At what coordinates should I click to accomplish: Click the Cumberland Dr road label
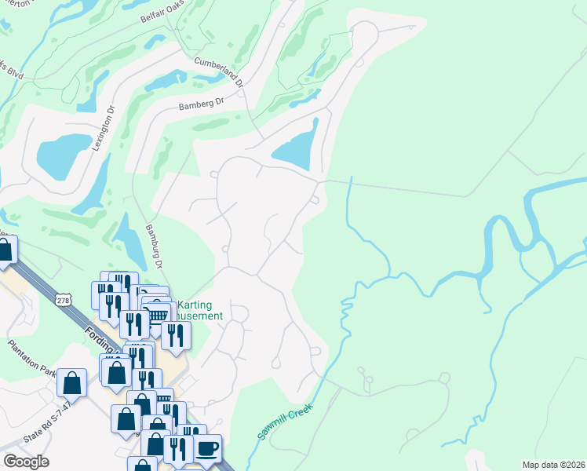click(218, 71)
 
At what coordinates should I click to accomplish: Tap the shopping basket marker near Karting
click(159, 313)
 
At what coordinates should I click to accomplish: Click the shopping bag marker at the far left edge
click(5, 250)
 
